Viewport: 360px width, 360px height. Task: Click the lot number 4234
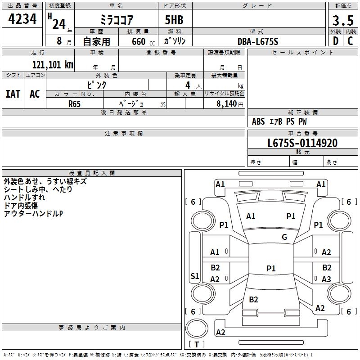click(22, 19)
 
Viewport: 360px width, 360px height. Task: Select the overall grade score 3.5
click(342, 20)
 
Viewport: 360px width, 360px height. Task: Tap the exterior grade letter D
click(335, 41)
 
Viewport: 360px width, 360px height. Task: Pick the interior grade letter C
click(351, 41)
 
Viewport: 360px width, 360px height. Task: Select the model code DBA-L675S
click(258, 41)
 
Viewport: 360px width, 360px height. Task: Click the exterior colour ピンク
click(97, 85)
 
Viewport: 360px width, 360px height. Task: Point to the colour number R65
click(75, 104)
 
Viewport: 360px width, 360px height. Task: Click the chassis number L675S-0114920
click(302, 143)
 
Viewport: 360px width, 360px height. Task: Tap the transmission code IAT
click(13, 94)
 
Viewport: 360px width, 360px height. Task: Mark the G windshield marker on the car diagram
click(284, 237)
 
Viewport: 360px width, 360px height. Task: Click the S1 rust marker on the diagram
click(195, 276)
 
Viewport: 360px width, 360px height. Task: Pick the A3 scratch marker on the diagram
click(327, 279)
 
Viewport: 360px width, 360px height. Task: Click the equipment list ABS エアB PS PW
click(280, 121)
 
